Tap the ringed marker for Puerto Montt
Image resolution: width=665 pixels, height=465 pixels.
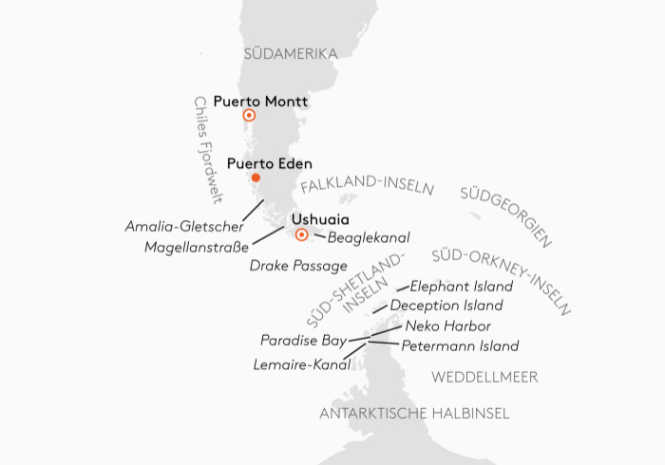point(249,116)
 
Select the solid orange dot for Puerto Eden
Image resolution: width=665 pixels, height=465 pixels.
point(255,177)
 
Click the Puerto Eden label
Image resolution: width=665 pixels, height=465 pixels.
point(269,163)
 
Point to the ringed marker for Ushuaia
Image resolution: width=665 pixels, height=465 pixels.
point(301,234)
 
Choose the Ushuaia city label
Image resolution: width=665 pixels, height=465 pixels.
point(313,219)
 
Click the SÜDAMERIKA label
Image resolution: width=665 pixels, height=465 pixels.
point(291,54)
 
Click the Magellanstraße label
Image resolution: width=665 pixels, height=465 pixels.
point(198,247)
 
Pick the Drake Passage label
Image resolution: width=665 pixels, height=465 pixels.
point(298,266)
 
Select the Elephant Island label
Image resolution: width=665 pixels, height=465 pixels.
point(462,286)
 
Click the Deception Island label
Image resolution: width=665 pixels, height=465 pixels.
point(446,306)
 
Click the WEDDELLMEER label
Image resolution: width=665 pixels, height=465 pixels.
point(485,377)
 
